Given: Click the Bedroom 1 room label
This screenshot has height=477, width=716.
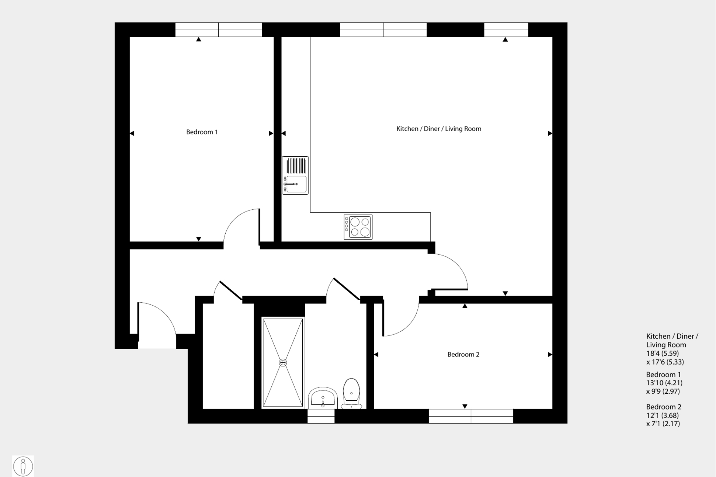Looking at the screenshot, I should coord(202,132).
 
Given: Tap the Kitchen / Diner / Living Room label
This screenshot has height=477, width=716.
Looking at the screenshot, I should coord(438,129).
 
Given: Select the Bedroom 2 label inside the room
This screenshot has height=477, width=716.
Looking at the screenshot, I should coord(463,354).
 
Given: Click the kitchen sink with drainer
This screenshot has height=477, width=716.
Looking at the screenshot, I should coord(295,175).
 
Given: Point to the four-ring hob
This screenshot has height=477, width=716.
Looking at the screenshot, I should coord(358,227).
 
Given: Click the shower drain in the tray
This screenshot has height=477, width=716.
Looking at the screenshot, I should coord(283,363).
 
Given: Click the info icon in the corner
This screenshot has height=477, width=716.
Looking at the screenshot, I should coord(23,466).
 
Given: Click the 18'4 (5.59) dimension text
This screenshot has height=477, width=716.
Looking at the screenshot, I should coord(663,353).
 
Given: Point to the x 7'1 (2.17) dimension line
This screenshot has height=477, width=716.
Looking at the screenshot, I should coord(663,424).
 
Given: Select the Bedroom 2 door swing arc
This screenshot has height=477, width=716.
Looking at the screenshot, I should coord(409,324).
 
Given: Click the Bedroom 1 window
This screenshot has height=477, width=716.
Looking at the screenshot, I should coord(218,29).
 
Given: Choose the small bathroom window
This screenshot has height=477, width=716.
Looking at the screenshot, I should coord(321,416).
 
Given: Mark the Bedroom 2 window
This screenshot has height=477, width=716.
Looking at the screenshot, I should coord(471,416).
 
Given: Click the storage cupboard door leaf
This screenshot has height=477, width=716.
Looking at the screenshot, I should coord(231,290).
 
